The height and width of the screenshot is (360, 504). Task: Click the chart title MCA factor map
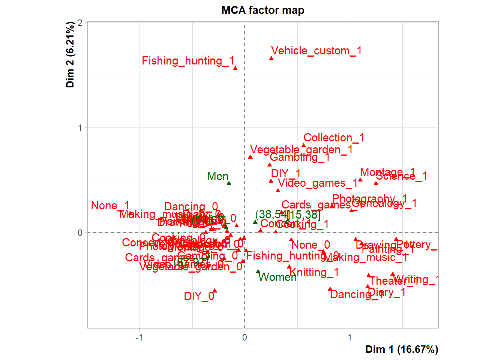click(x=262, y=10)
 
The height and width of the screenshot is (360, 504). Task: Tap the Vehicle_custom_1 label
click(x=316, y=51)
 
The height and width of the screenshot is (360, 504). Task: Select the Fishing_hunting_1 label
click(x=188, y=61)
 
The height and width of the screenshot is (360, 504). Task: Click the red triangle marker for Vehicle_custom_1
click(x=271, y=58)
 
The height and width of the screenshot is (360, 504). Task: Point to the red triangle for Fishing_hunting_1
click(x=235, y=68)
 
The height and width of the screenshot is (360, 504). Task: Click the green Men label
click(x=217, y=176)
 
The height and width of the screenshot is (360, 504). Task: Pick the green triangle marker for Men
click(x=229, y=183)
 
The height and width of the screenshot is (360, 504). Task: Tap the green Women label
click(x=277, y=277)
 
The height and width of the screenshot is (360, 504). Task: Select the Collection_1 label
click(x=334, y=138)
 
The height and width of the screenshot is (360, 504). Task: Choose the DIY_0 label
click(x=199, y=296)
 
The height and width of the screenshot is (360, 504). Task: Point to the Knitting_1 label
click(x=314, y=272)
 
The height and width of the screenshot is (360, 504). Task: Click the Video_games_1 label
click(x=317, y=183)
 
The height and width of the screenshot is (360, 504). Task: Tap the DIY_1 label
click(x=286, y=174)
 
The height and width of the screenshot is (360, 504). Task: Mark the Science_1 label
click(x=401, y=176)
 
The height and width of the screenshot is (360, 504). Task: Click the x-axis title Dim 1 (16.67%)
click(x=402, y=349)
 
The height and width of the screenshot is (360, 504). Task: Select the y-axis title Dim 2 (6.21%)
click(x=70, y=55)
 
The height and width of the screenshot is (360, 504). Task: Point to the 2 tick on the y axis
click(x=80, y=22)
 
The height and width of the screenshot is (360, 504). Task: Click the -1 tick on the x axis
click(x=139, y=337)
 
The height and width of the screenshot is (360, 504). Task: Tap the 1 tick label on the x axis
click(x=349, y=337)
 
